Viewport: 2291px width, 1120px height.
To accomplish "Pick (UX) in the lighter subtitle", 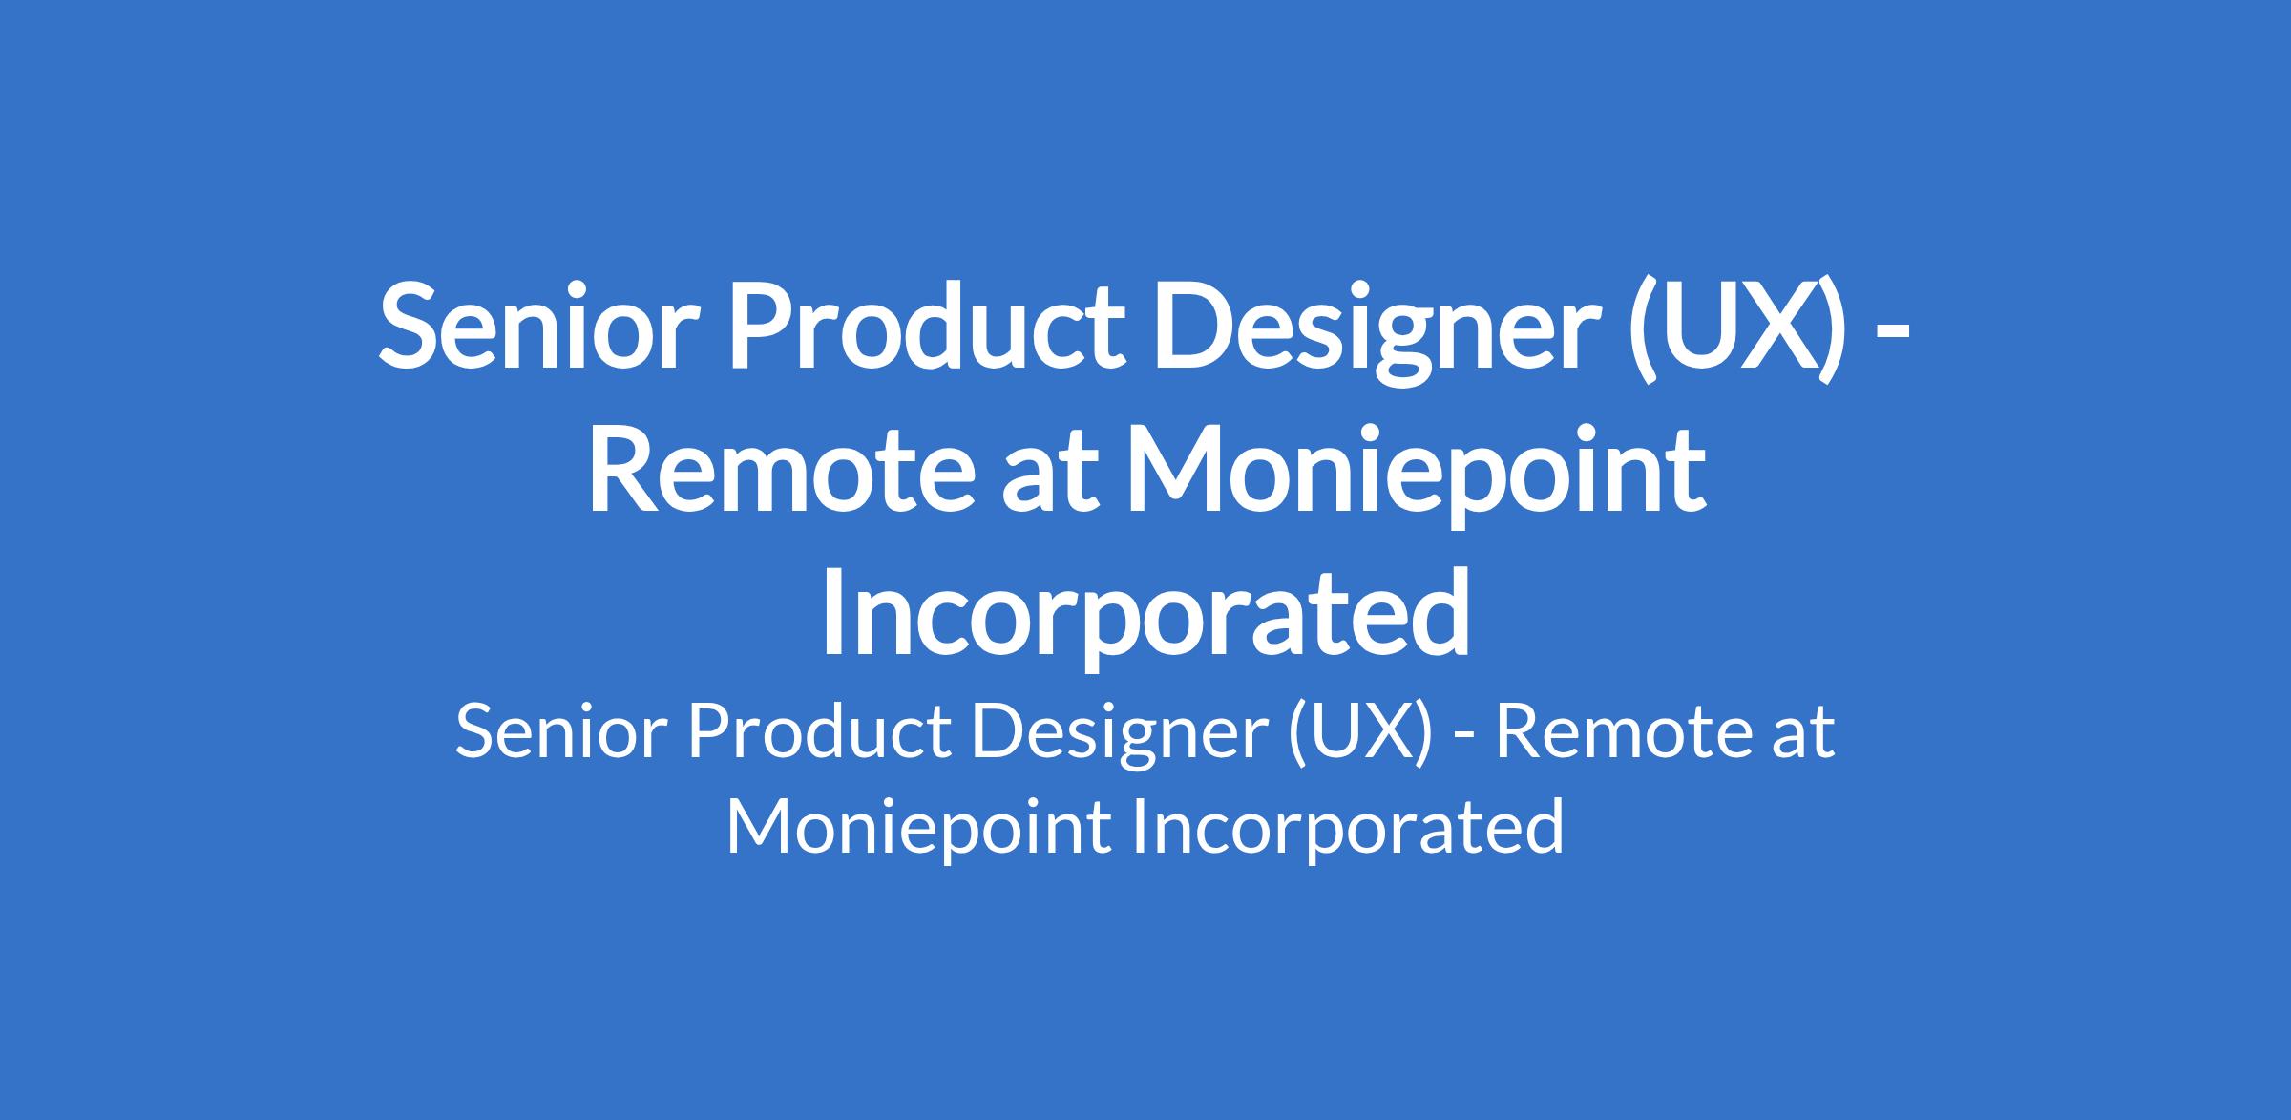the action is tap(1360, 734).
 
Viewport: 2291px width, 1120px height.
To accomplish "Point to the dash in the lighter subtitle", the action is tap(1464, 738).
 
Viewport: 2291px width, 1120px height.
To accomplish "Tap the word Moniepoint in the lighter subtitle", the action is tap(917, 830).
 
